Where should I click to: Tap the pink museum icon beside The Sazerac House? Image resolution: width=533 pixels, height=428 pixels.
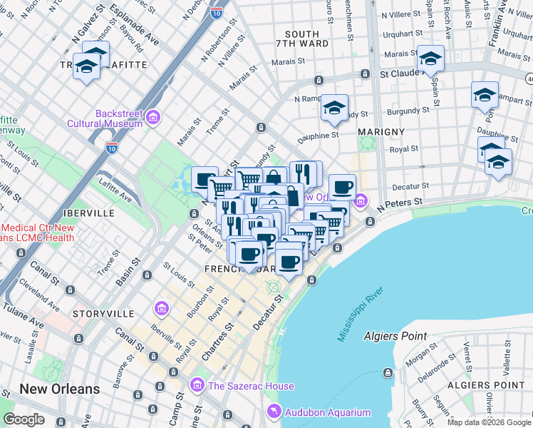click(197, 387)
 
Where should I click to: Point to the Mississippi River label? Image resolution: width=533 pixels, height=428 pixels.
click(361, 314)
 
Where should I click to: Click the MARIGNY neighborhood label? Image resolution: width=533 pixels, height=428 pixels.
click(381, 132)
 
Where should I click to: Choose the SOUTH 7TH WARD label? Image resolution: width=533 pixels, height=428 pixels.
click(306, 39)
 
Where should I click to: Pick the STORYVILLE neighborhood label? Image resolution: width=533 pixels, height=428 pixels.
click(103, 314)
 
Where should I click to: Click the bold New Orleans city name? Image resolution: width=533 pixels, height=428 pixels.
click(59, 389)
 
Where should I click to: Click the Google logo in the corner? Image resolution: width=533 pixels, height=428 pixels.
click(24, 419)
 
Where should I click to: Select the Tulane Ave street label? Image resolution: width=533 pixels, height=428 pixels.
click(24, 312)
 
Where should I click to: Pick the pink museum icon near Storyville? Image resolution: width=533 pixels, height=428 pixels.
click(161, 308)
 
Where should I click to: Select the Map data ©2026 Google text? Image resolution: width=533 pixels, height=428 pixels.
click(488, 422)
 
